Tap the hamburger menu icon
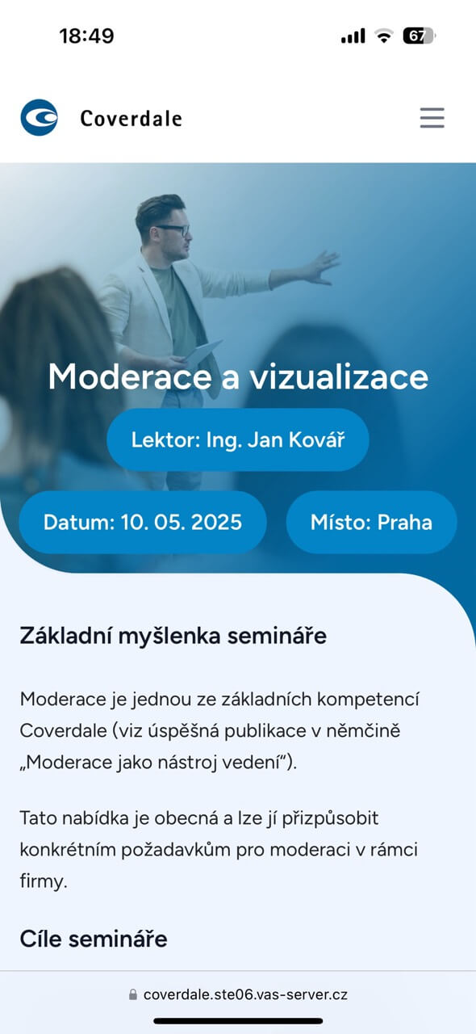pyautogui.click(x=432, y=118)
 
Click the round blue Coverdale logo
pyautogui.click(x=40, y=118)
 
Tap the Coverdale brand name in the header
pyautogui.click(x=132, y=119)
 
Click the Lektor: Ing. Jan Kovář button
pyautogui.click(x=238, y=439)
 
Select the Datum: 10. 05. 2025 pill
pyautogui.click(x=143, y=522)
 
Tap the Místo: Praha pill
pyautogui.click(x=371, y=522)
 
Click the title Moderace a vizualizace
pyautogui.click(x=238, y=376)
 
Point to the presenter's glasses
pyautogui.click(x=172, y=229)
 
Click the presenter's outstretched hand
pyautogui.click(x=323, y=267)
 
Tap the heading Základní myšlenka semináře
pyautogui.click(x=173, y=636)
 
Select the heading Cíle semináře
pyautogui.click(x=93, y=939)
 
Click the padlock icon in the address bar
pyautogui.click(x=133, y=994)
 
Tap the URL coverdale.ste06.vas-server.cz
pyautogui.click(x=245, y=994)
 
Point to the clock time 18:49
pyautogui.click(x=86, y=36)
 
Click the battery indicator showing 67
pyautogui.click(x=420, y=36)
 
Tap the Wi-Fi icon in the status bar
pyautogui.click(x=384, y=36)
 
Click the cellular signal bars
pyautogui.click(x=353, y=36)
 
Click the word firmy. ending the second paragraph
pyautogui.click(x=44, y=881)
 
